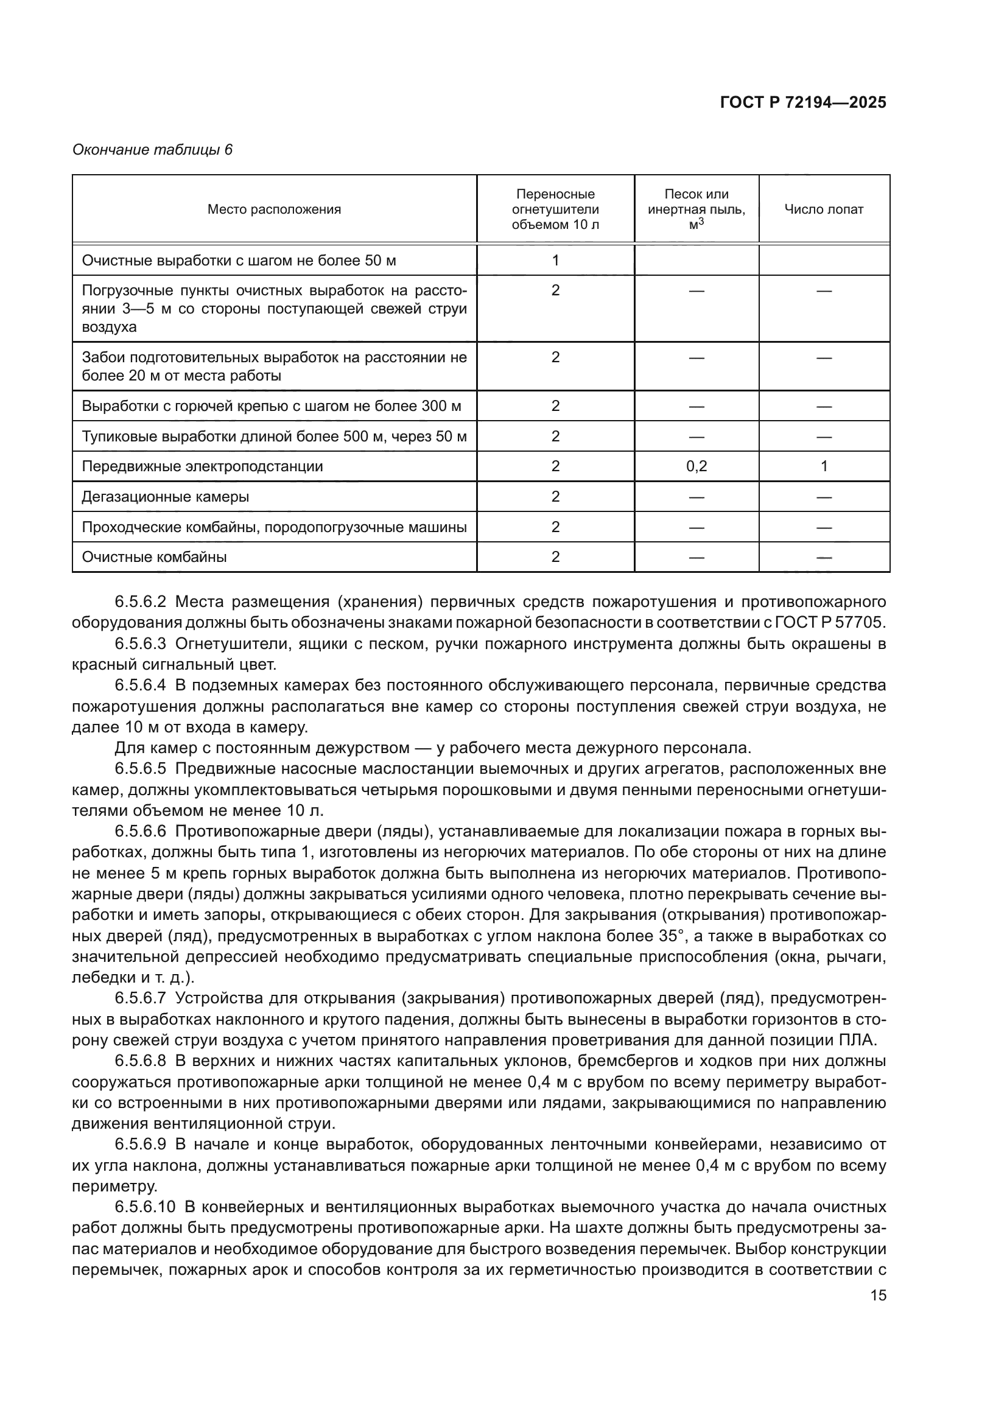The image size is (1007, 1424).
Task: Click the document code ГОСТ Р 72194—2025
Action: click(803, 103)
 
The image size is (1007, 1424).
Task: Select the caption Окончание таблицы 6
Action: click(153, 150)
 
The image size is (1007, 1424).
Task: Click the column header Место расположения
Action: click(274, 209)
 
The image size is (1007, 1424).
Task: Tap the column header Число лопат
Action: click(824, 209)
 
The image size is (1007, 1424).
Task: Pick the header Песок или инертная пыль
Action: click(696, 209)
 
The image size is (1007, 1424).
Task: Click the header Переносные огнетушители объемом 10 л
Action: click(555, 209)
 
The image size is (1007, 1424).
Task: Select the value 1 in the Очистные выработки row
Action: click(555, 261)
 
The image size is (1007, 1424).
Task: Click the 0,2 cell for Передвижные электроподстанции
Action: click(696, 466)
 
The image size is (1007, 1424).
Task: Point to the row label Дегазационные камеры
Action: click(166, 497)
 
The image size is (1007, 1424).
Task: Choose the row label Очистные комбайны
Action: click(155, 557)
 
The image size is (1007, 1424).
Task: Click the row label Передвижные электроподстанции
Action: click(202, 466)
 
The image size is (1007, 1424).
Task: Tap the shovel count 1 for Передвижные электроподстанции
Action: click(824, 466)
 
